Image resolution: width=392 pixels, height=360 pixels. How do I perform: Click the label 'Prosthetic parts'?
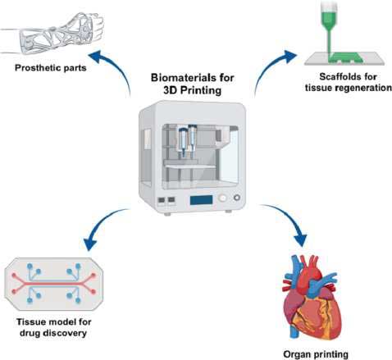(51, 68)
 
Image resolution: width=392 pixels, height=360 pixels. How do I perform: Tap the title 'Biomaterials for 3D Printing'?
(193, 84)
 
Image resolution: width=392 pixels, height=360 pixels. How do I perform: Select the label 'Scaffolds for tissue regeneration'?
(349, 82)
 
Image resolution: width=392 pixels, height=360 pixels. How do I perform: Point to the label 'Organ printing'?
(316, 354)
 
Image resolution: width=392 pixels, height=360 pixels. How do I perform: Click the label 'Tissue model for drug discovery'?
(53, 327)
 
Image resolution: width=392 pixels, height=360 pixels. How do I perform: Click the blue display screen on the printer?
(201, 200)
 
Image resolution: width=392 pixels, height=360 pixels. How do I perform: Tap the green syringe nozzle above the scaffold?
(330, 26)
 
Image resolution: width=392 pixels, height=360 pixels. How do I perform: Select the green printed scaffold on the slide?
(345, 57)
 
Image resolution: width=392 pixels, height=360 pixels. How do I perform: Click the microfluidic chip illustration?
(54, 284)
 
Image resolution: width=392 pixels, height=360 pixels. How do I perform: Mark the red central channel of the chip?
(53, 284)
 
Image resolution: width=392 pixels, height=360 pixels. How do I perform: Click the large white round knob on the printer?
(223, 198)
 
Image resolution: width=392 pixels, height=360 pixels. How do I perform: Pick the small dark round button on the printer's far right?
(237, 198)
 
